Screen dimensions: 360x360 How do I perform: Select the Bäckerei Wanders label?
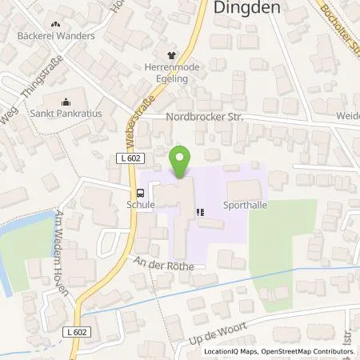point(57,36)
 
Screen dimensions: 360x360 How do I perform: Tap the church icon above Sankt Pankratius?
point(67,102)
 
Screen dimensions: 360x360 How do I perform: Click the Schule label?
point(141,204)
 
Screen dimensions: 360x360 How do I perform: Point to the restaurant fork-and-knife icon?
point(201,212)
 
